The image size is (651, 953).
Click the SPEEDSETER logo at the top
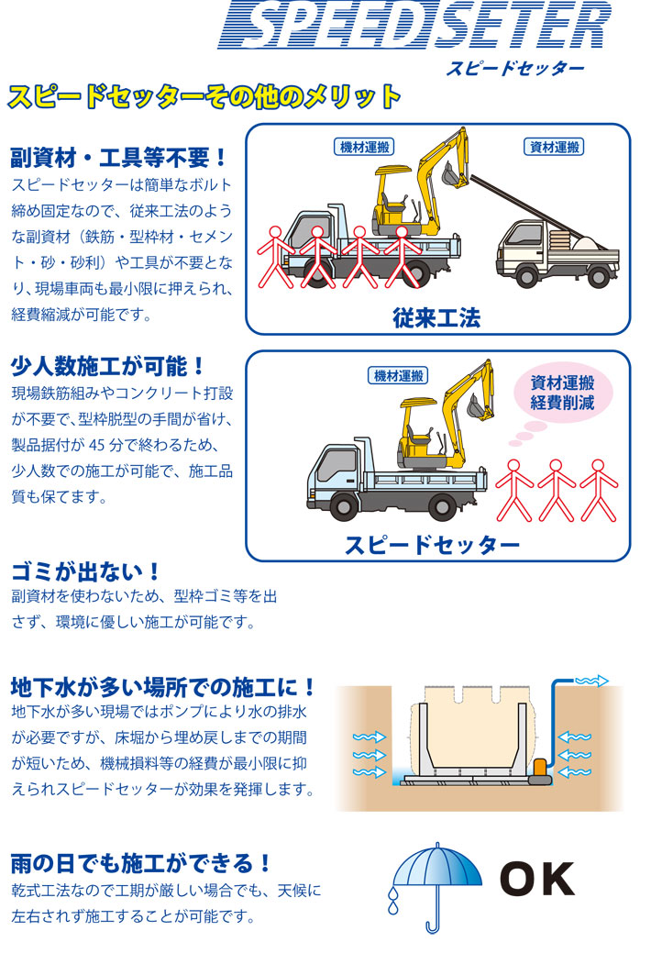[x=414, y=25]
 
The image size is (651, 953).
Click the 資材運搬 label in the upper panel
[x=554, y=147]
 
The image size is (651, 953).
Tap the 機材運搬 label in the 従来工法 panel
[x=364, y=147]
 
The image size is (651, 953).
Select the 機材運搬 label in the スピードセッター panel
[x=398, y=376]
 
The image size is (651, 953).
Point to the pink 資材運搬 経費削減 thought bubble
[x=562, y=393]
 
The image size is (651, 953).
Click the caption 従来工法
[x=436, y=318]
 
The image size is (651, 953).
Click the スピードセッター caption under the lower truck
[x=432, y=545]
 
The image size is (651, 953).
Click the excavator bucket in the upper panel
[x=450, y=175]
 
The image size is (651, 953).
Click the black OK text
[x=536, y=879]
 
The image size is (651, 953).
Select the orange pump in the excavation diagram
[x=540, y=772]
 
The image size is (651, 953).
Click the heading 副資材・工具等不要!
[x=118, y=158]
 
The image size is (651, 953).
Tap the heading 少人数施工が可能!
[x=108, y=367]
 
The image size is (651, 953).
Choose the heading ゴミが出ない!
[x=85, y=572]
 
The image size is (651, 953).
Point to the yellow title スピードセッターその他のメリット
[x=204, y=97]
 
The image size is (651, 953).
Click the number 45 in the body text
[x=97, y=445]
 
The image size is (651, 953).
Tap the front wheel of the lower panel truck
[x=343, y=505]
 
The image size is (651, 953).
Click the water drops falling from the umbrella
[x=393, y=901]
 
